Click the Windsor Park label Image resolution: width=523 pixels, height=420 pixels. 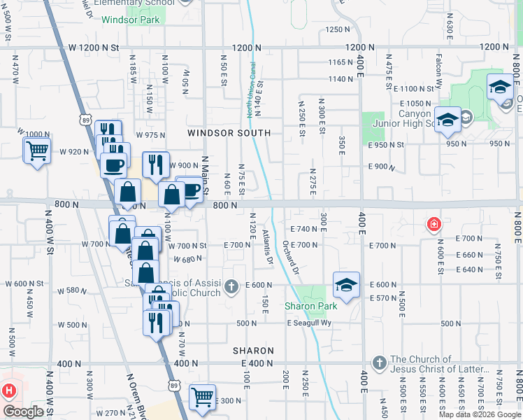click(130, 20)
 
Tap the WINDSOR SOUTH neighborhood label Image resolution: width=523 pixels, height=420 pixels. click(229, 133)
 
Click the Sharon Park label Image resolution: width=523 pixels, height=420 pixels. click(310, 306)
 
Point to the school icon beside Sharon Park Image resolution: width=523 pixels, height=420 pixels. click(346, 284)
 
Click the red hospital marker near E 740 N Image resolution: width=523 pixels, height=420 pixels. click(434, 225)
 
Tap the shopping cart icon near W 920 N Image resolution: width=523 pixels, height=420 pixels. click(36, 150)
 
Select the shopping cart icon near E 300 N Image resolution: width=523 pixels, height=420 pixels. click(203, 396)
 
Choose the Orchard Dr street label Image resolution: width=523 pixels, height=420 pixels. click(289, 258)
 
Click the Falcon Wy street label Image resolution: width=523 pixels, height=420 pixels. click(439, 68)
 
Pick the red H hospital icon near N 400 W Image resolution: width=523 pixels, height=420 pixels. click(9, 391)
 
